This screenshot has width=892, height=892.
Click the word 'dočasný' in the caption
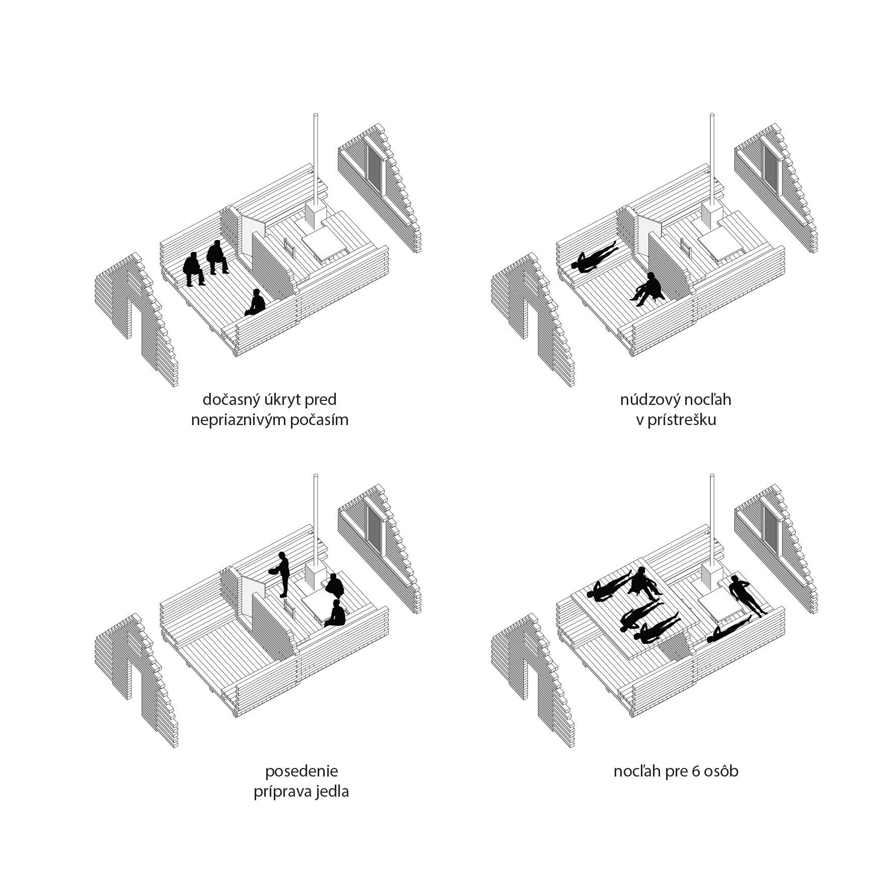(228, 400)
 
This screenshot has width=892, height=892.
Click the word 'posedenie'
(302, 771)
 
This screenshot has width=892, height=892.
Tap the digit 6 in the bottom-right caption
(697, 771)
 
